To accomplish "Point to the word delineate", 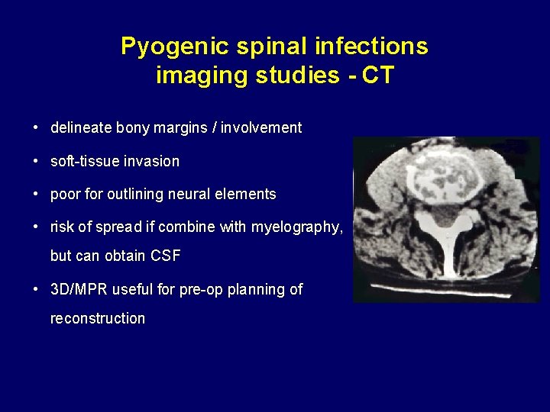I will [81, 128].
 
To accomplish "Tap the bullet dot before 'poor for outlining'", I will [37, 195].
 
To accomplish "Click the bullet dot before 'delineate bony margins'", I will [37, 128].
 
